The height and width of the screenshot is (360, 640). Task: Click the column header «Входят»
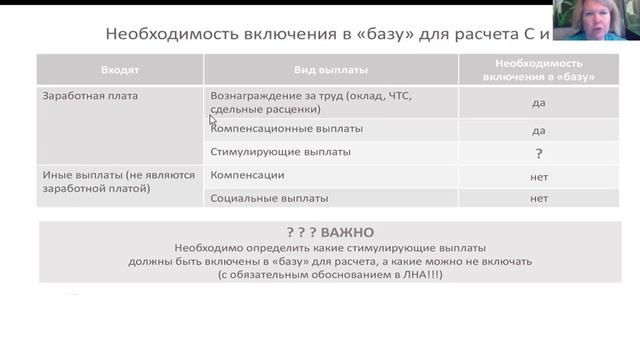click(119, 71)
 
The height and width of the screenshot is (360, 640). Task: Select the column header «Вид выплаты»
click(330, 71)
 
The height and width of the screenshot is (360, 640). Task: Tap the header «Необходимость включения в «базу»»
click(538, 70)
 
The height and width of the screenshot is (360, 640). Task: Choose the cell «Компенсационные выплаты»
click(286, 129)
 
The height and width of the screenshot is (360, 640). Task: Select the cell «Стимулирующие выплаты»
click(280, 152)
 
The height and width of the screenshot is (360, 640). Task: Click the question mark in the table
click(539, 153)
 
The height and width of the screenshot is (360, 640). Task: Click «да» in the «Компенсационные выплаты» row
click(539, 130)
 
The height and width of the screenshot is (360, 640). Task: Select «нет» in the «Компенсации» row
click(539, 176)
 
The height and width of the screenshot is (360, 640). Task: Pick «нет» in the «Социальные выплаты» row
click(539, 198)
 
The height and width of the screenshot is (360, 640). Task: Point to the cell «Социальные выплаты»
click(269, 198)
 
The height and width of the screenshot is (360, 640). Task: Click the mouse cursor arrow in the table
click(212, 119)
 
